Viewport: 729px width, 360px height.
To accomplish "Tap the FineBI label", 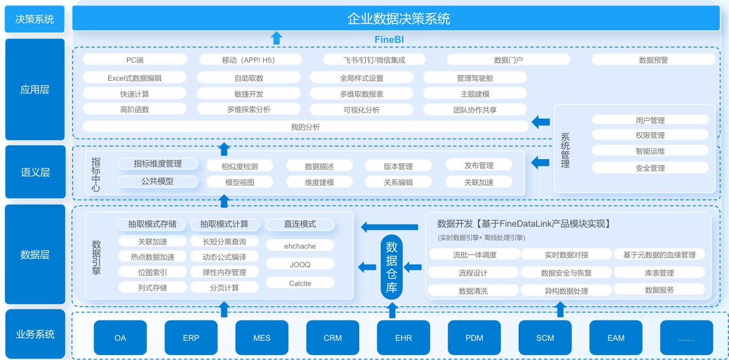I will pyautogui.click(x=389, y=40).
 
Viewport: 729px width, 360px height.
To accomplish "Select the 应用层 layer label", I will pyautogui.click(x=35, y=89).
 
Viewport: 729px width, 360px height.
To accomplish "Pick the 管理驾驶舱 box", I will pyautogui.click(x=475, y=78).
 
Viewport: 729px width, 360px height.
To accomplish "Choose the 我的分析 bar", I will pyautogui.click(x=305, y=127).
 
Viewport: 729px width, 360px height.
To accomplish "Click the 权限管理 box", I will pyautogui.click(x=650, y=135).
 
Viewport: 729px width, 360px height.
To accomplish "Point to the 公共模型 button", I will pyautogui.click(x=158, y=181).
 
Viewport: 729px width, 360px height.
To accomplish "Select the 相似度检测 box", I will pyautogui.click(x=240, y=166).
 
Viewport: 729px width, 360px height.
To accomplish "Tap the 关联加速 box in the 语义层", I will pyautogui.click(x=478, y=182).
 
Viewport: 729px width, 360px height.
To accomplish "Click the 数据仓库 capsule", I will pyautogui.click(x=392, y=267).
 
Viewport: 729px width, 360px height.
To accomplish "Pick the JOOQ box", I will pyautogui.click(x=300, y=265).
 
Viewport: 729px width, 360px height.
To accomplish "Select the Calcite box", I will pyautogui.click(x=300, y=283).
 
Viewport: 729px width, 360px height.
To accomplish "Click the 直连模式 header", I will pyautogui.click(x=300, y=224).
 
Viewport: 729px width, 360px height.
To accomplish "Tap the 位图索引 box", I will pyautogui.click(x=152, y=272).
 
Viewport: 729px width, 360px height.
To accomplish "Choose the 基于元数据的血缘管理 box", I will pyautogui.click(x=659, y=255).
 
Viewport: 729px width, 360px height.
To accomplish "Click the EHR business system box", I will pyautogui.click(x=403, y=337).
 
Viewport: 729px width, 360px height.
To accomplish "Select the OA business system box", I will pyautogui.click(x=120, y=337).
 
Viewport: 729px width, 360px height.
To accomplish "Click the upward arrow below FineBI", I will pyautogui.click(x=277, y=38).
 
